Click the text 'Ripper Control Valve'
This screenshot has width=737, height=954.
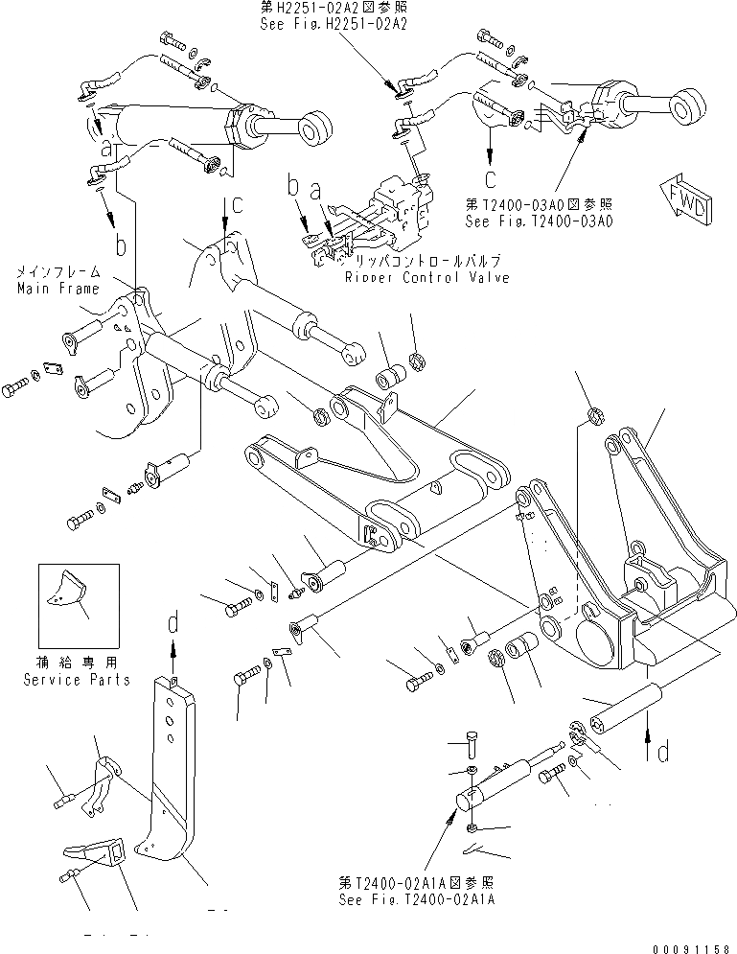click(426, 277)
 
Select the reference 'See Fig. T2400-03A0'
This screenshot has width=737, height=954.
click(541, 220)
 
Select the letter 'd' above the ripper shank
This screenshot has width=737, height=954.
click(173, 623)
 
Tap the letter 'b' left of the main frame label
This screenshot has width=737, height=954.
click(121, 247)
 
